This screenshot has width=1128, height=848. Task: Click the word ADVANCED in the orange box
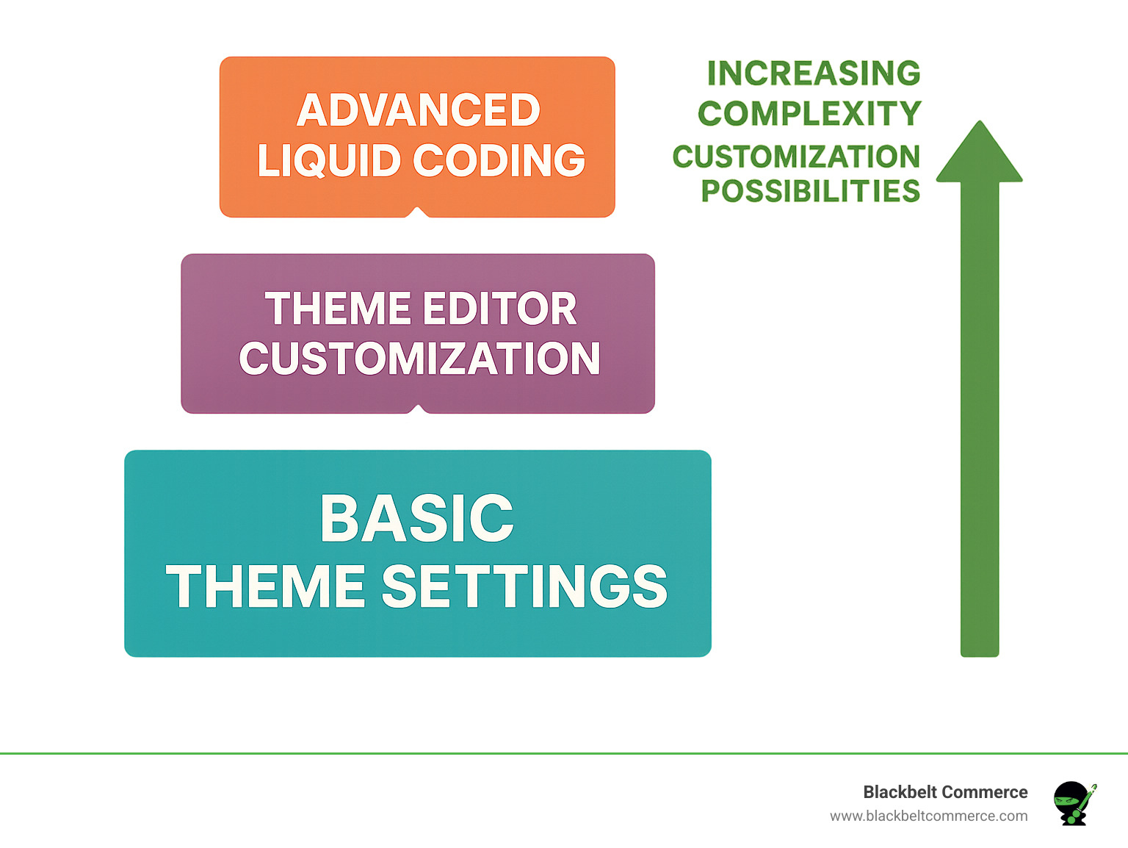(419, 110)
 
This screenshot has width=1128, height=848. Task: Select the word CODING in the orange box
(499, 161)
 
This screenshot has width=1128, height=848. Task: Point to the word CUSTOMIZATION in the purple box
(419, 359)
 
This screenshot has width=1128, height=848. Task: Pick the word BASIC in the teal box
(417, 518)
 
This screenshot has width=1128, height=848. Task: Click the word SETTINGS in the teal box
(524, 586)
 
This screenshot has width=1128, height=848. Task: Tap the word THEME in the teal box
(266, 586)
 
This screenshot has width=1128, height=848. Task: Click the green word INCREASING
(814, 73)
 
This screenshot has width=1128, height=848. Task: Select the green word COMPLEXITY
(809, 114)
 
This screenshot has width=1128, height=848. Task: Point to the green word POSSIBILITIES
(810, 191)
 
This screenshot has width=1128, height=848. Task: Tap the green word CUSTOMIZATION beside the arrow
(796, 157)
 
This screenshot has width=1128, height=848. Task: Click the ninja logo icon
(1074, 803)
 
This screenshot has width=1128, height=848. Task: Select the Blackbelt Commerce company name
(945, 792)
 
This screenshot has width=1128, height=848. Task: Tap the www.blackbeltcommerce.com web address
(928, 816)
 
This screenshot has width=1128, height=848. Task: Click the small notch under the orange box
(417, 212)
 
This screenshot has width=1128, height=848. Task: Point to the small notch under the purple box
(418, 409)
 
